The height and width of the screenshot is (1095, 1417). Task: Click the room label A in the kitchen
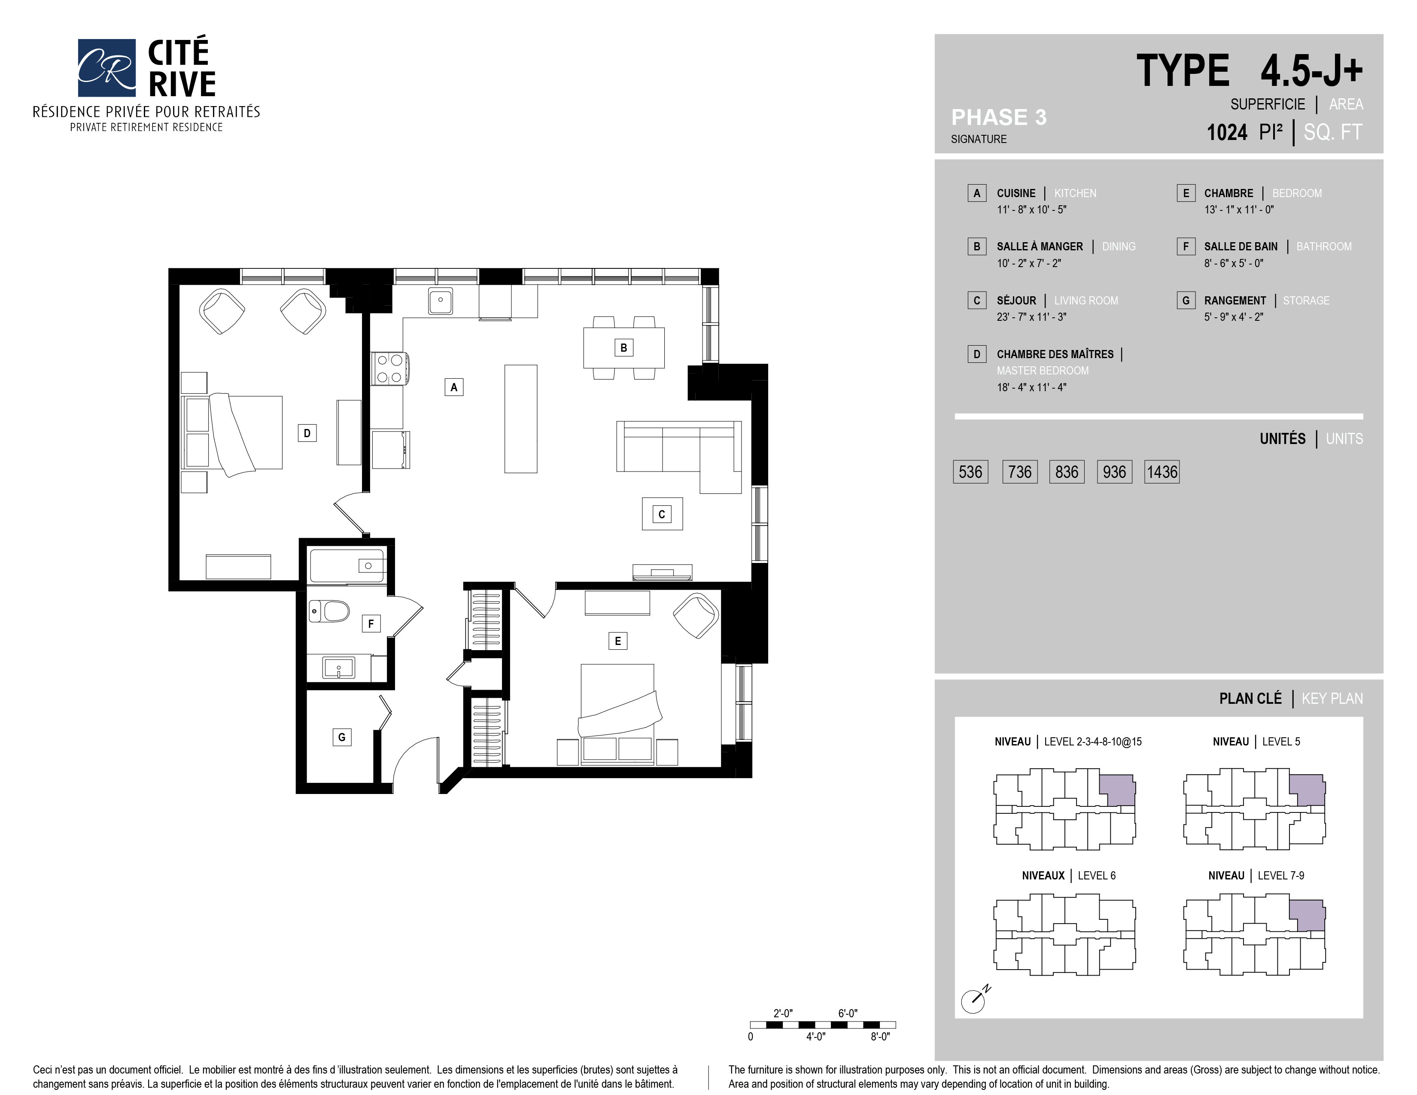click(x=453, y=387)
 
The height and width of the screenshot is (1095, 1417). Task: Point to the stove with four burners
click(x=389, y=368)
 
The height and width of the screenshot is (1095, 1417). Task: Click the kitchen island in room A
click(x=520, y=418)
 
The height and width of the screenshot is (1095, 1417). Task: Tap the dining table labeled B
click(x=623, y=348)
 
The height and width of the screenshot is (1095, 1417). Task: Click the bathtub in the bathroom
click(x=347, y=566)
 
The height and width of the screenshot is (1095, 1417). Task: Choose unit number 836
click(x=1067, y=471)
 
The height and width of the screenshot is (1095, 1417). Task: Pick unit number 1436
click(x=1162, y=471)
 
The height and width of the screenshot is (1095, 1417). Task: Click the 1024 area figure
click(x=1226, y=132)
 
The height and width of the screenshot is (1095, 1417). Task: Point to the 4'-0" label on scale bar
click(x=815, y=1037)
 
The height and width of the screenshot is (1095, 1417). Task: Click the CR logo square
click(x=106, y=67)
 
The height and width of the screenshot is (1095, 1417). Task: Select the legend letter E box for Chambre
click(x=1186, y=193)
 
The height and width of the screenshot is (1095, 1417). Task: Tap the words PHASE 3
click(x=998, y=117)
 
